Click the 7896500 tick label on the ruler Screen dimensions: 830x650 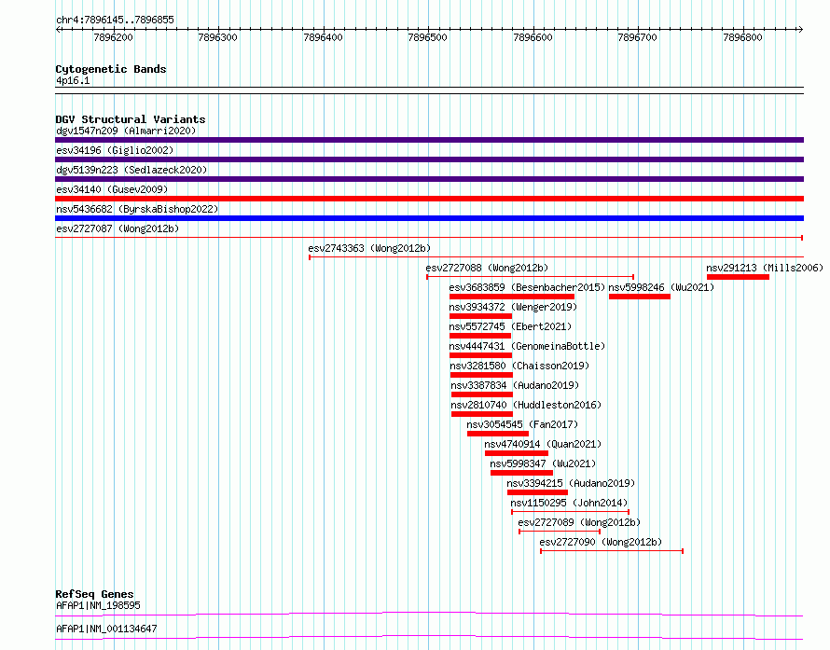coord(428,37)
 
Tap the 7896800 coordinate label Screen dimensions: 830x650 coord(742,37)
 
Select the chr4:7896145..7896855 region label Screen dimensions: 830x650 coord(115,21)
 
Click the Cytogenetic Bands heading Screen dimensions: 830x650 coord(111,69)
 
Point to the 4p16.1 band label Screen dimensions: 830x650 coord(73,80)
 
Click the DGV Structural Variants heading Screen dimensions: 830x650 coord(131,119)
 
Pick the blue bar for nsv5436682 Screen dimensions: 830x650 coord(429,218)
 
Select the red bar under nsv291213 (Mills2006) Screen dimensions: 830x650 coord(738,277)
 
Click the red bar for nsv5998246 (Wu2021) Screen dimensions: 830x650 coord(640,297)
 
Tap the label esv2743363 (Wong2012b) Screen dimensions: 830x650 coord(369,248)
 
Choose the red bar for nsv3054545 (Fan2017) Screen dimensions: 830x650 coord(498,434)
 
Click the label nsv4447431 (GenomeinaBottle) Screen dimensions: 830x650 coord(527,346)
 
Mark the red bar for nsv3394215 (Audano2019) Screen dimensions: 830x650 coord(537,492)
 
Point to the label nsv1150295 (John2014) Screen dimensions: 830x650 coord(569,503)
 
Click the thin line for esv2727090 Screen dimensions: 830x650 coord(612,551)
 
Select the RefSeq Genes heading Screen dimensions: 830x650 coord(94,594)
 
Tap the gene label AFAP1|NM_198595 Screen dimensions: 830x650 coord(99,605)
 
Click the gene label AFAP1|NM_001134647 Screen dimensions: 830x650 coord(106,629)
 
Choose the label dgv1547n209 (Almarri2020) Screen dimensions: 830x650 coord(126,131)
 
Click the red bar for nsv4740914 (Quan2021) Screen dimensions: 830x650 coord(516,453)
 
